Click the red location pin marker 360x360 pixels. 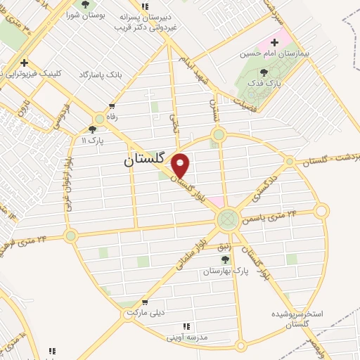(x=181, y=165)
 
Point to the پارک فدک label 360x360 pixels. (x=264, y=83)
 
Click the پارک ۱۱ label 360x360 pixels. (x=92, y=141)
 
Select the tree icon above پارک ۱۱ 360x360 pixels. (x=92, y=129)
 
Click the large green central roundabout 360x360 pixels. (x=228, y=220)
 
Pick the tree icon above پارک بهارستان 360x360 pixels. (x=225, y=259)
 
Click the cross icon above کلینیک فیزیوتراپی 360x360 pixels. (x=25, y=62)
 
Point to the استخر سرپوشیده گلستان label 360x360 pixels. (x=300, y=318)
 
